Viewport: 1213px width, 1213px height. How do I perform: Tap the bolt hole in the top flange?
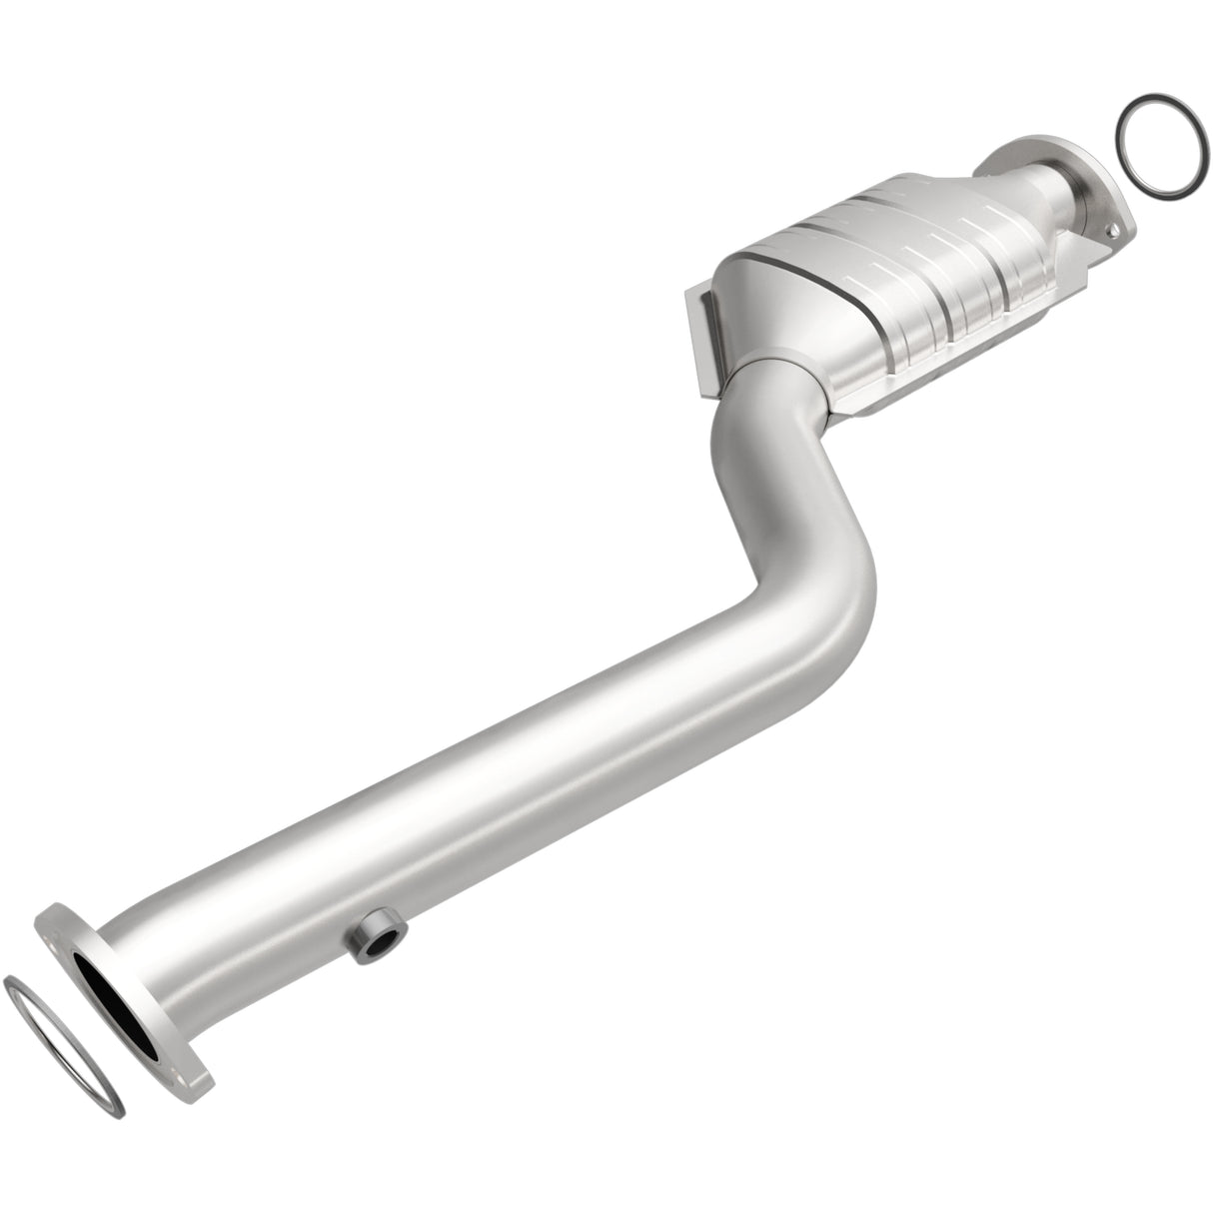click(1113, 234)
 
